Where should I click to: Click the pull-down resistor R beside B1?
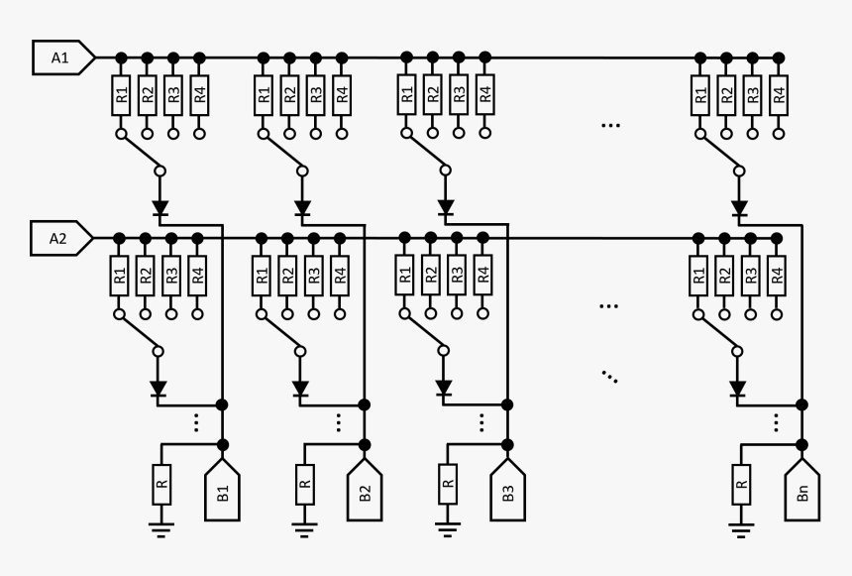pos(161,485)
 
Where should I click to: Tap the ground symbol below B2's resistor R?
pos(304,527)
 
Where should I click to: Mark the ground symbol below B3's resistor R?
pos(447,527)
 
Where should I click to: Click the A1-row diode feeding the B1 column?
pos(160,209)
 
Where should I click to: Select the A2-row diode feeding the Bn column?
pos(737,388)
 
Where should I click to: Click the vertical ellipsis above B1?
pos(197,422)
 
